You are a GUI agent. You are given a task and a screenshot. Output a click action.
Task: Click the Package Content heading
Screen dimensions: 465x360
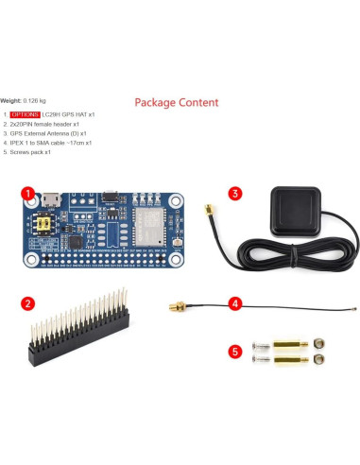point(176,102)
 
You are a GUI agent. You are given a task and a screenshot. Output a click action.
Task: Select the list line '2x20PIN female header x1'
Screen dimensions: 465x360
point(43,124)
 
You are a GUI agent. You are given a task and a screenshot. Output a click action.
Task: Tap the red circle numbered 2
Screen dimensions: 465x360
point(28,303)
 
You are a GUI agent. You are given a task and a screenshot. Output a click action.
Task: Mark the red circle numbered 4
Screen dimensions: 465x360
point(235,303)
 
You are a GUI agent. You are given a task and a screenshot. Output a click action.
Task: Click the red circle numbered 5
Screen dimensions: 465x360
point(235,352)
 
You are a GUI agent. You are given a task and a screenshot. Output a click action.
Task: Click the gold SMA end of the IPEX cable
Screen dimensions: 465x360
point(175,306)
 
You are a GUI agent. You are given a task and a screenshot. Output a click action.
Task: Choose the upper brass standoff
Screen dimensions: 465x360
point(288,345)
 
